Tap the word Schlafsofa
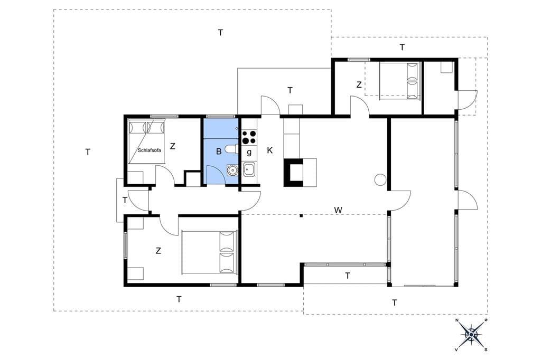point(150,150)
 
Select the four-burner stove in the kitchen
point(249,137)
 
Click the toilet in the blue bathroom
point(230,149)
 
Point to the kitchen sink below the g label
point(249,169)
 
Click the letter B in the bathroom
point(218,151)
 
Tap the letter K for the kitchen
point(270,150)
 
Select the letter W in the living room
point(338,210)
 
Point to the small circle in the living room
point(380,179)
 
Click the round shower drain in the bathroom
point(232,169)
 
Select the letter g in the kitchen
point(249,152)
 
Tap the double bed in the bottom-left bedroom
point(209,252)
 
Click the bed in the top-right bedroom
point(400,81)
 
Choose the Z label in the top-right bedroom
point(359,84)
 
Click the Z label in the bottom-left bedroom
point(158,251)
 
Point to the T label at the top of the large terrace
point(220,32)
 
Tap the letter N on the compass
point(457,320)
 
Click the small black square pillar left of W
point(301,216)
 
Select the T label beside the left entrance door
point(125,200)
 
